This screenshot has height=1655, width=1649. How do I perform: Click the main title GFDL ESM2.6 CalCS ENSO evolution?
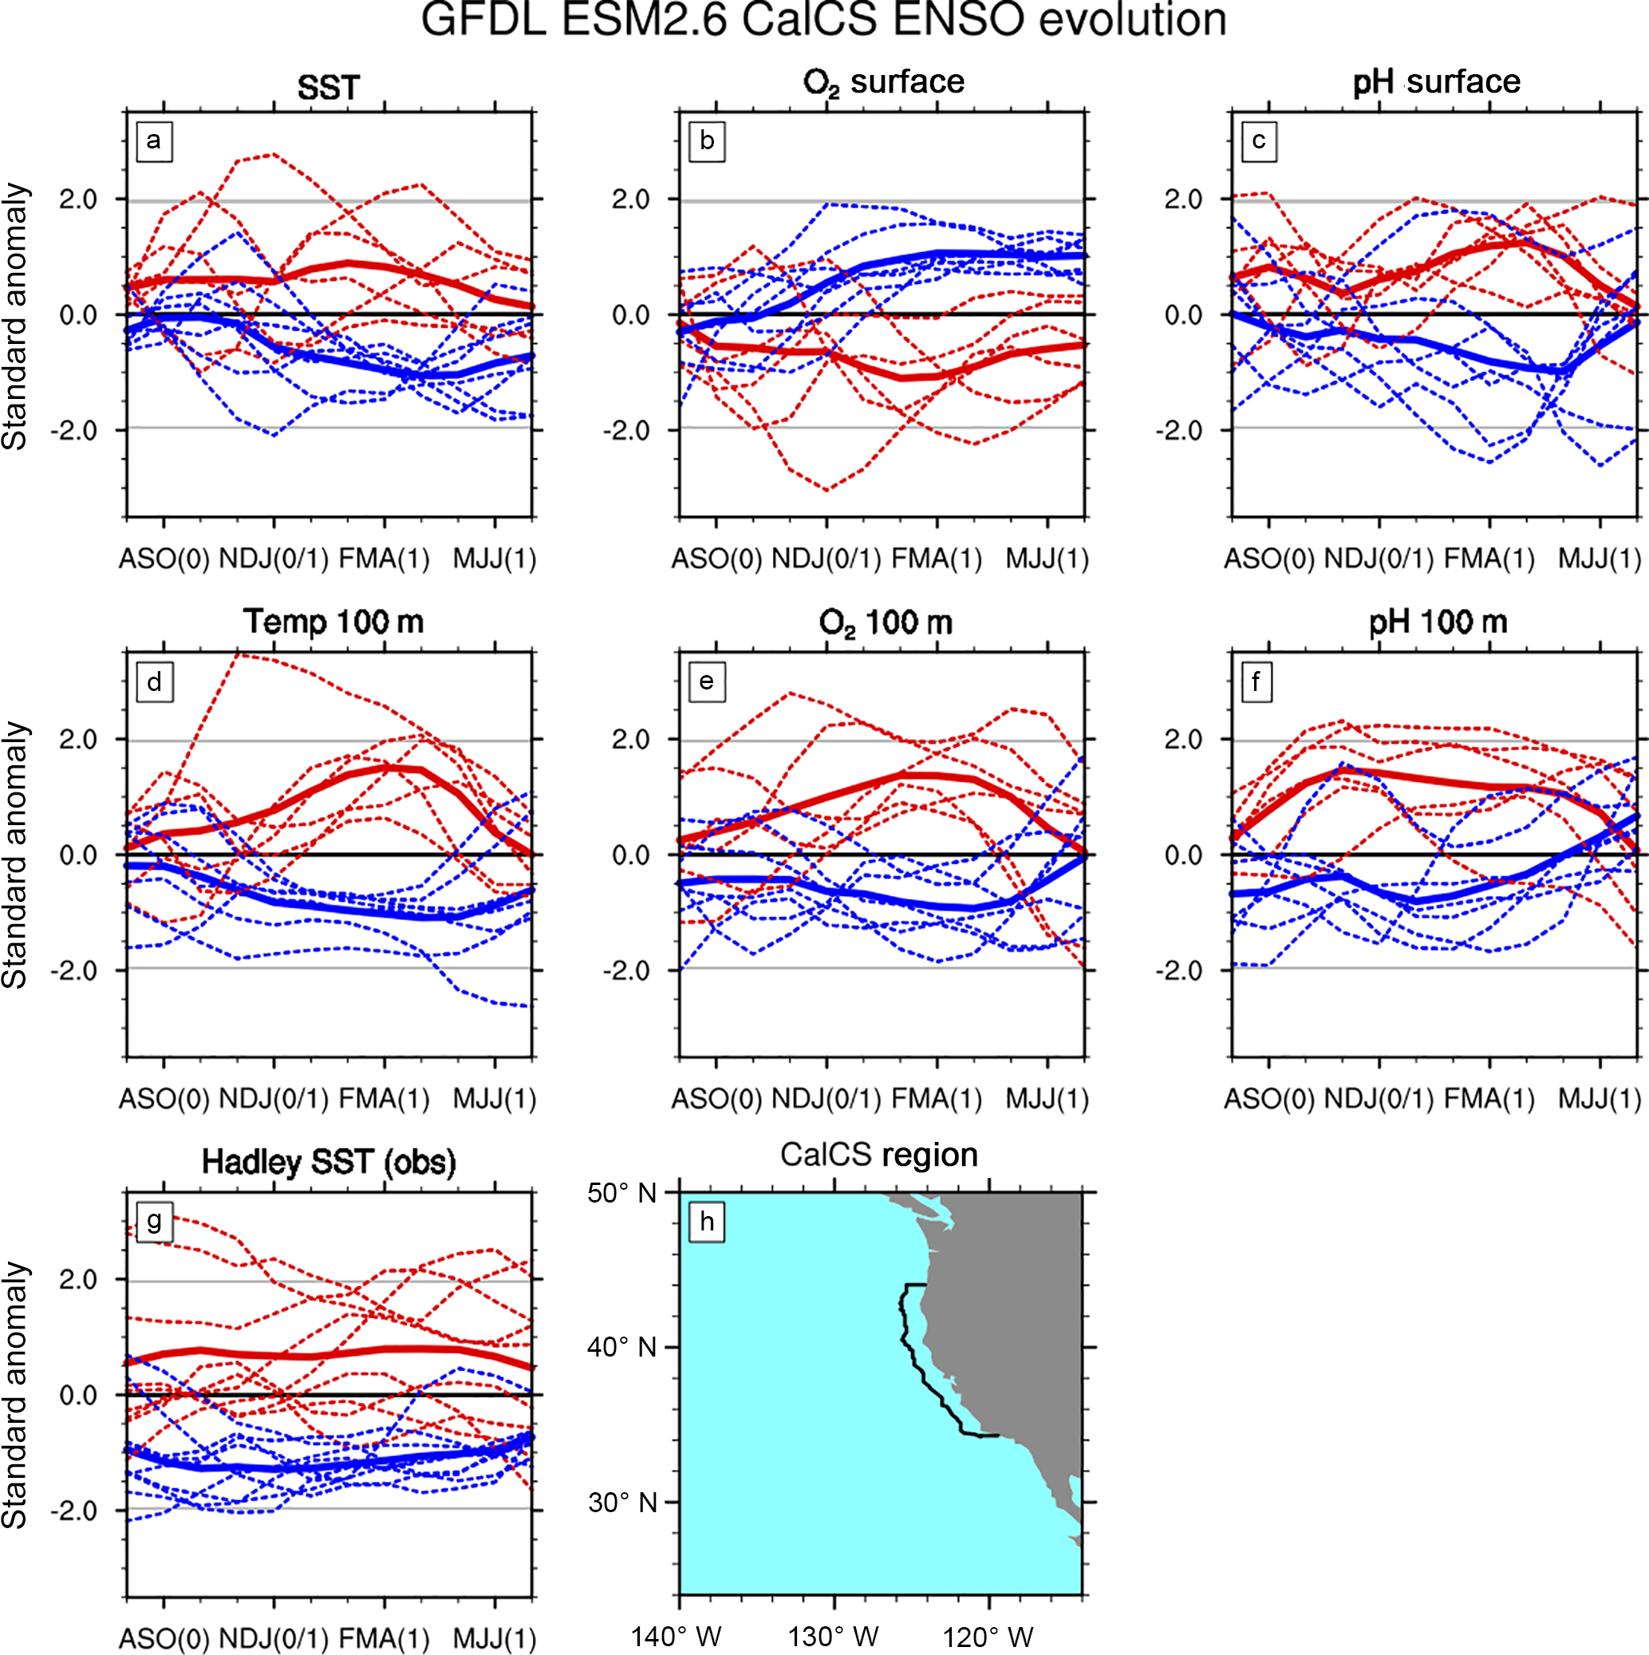823,21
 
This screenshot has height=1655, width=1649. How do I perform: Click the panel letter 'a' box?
154,141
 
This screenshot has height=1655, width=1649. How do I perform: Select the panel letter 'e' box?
707,682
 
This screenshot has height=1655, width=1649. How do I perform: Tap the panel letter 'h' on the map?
707,1222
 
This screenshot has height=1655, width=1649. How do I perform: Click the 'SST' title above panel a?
328,87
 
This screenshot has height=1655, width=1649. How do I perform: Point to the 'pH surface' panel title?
1437,82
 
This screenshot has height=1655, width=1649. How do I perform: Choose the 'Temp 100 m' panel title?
333,622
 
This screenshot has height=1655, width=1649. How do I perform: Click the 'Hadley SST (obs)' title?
329,1163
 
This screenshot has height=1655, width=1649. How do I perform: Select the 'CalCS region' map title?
879,1155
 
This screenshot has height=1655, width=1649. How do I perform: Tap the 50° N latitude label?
622,1193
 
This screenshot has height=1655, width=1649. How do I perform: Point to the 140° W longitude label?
677,1637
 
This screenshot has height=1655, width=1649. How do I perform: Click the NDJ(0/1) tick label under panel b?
826,559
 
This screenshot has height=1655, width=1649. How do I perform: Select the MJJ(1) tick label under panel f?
1600,1099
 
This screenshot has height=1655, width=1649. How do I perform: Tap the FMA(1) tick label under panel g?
384,1639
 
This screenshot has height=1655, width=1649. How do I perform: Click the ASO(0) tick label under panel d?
164,1099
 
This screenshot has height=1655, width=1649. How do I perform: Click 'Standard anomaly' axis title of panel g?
15,1396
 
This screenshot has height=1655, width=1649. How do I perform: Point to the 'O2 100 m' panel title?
885,622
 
